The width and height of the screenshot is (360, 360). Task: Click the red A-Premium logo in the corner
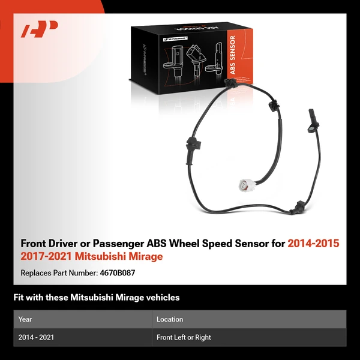40,29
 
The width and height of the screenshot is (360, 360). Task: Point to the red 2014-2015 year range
313,244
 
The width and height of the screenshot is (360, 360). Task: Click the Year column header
25,319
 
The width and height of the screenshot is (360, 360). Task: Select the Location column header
170,319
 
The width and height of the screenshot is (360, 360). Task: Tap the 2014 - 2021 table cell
36,337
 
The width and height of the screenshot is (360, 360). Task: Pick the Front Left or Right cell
184,337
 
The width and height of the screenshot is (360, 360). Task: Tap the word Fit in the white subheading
19,297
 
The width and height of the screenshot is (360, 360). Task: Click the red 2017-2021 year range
44,256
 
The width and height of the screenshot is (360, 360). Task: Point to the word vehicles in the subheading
161,297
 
